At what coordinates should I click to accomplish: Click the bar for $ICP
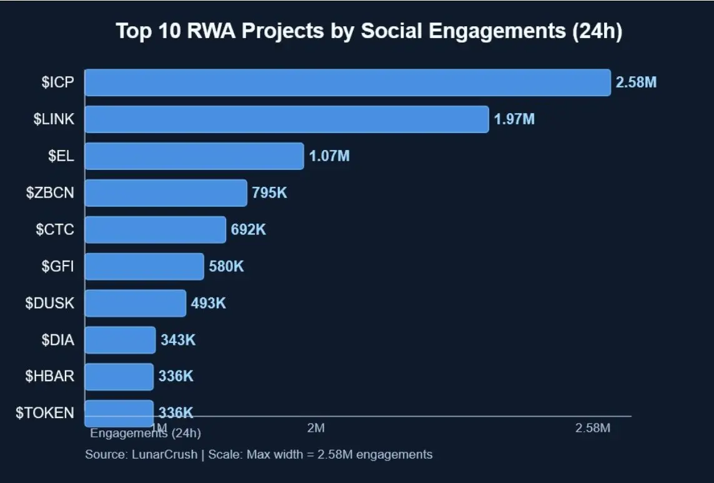point(347,82)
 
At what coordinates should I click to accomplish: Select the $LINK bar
point(287,119)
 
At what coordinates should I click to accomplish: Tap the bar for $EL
point(194,156)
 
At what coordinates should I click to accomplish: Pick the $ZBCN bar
point(166,192)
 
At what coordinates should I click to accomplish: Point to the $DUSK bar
point(135,303)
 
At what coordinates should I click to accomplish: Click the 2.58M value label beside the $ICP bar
point(636,82)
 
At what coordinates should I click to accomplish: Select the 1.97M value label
point(514,119)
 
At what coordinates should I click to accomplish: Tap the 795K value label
point(269,193)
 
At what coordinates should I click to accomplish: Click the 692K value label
point(248,229)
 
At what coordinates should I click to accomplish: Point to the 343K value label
point(178,340)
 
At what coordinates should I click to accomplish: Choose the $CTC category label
point(55,229)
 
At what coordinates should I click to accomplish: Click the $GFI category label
point(57,266)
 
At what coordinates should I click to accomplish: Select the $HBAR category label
point(49,376)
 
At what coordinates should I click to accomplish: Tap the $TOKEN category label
point(45,413)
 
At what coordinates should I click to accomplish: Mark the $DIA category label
point(57,340)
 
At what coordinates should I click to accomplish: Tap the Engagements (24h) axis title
point(146,432)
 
